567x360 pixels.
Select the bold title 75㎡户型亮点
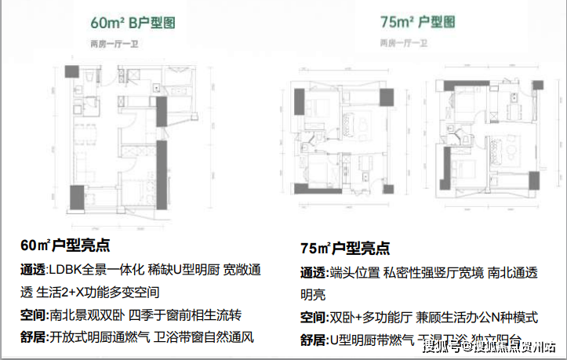345,249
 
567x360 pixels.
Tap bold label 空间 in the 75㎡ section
311,318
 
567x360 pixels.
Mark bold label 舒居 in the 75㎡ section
311,340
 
